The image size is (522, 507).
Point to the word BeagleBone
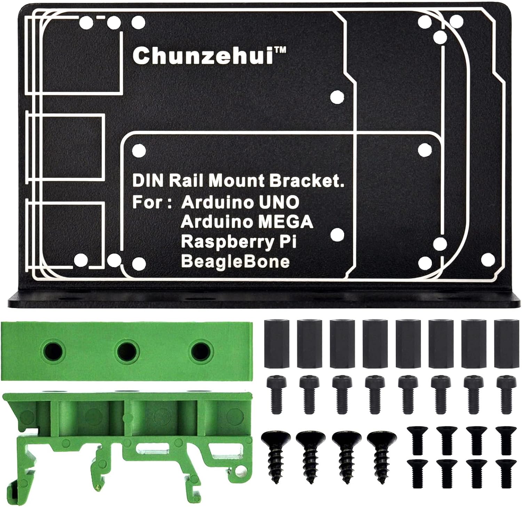(x=235, y=261)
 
